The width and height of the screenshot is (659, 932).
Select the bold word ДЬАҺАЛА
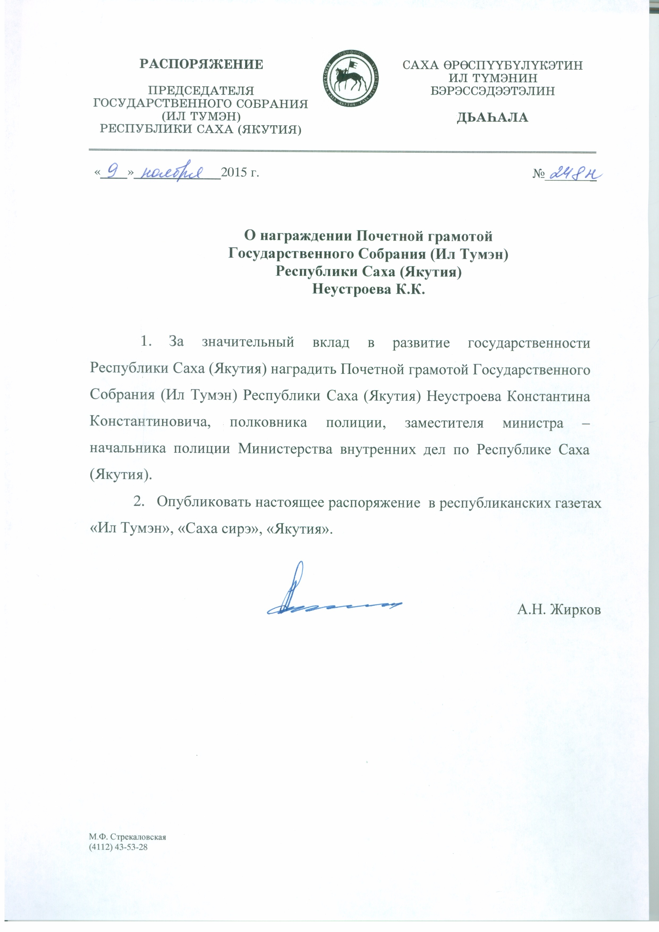tap(492, 118)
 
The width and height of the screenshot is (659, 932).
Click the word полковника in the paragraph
tap(268, 423)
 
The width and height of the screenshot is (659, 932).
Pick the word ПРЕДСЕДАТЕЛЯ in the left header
tap(201, 91)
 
